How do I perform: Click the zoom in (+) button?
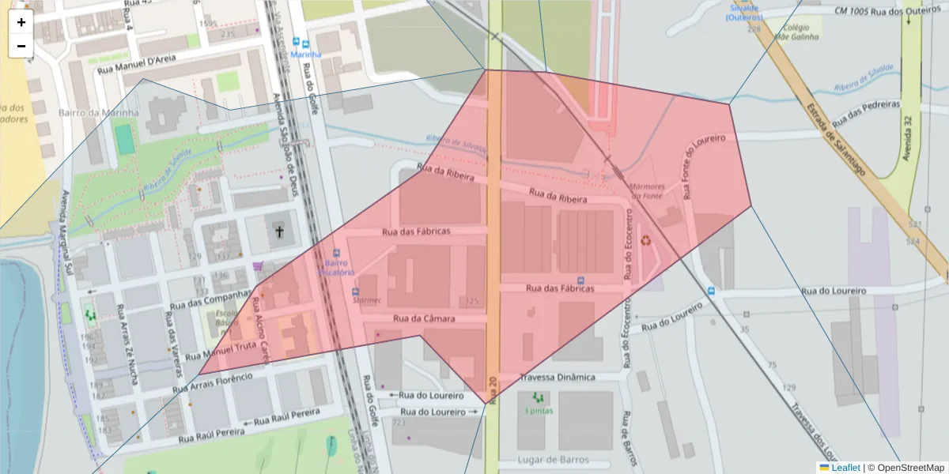[x=21, y=22]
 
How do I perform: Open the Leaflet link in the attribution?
[x=845, y=468]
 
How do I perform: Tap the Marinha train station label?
[x=305, y=55]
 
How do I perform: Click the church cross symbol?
[x=278, y=231]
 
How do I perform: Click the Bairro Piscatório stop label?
[x=336, y=267]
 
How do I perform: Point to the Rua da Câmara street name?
[x=425, y=318]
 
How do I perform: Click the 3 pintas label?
[x=539, y=411]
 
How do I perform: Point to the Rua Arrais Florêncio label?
[x=214, y=383]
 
